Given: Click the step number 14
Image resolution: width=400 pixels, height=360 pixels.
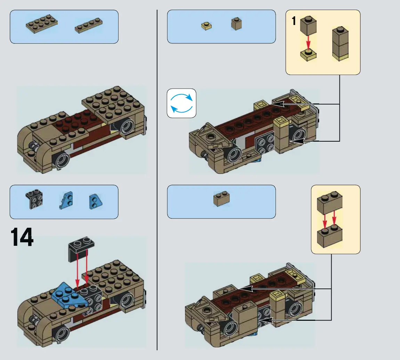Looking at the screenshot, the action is (x=22, y=237).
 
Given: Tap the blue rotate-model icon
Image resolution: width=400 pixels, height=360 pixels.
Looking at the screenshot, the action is (x=181, y=103).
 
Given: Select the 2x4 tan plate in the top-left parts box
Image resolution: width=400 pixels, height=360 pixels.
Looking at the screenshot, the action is (x=42, y=24).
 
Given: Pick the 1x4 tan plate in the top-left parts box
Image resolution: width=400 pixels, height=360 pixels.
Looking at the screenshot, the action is (x=89, y=25).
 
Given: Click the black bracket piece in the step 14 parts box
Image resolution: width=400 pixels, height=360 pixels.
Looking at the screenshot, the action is (x=34, y=199).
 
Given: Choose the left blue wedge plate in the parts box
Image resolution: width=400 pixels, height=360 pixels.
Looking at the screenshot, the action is (x=66, y=200).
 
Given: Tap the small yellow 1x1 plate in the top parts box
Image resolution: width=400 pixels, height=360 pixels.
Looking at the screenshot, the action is (x=206, y=26).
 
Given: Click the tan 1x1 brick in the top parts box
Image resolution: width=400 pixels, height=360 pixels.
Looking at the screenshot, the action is (x=236, y=24).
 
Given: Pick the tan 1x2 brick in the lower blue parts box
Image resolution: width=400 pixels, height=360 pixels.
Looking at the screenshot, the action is (x=221, y=199).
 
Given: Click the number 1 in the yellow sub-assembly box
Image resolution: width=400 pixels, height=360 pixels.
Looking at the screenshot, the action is (x=294, y=21).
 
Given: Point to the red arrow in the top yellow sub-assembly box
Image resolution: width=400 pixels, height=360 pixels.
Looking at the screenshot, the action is (x=308, y=43).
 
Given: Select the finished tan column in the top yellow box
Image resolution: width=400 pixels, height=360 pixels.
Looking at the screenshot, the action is (x=340, y=44).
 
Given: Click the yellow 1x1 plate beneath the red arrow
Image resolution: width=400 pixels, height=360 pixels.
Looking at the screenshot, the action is (x=308, y=55).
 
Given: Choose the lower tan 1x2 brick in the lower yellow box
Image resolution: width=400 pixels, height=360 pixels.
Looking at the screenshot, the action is (x=329, y=236).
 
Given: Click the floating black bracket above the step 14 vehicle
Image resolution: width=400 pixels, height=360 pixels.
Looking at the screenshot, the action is (x=81, y=249).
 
